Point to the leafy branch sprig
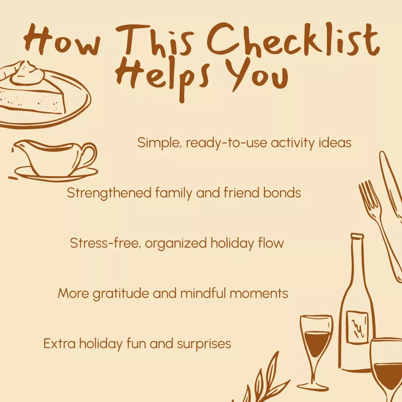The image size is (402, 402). (x=259, y=379)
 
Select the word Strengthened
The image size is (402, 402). (x=109, y=193)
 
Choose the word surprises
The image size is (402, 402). (x=204, y=344)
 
